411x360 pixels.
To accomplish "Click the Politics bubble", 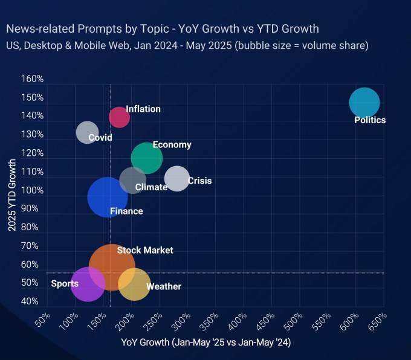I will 364,102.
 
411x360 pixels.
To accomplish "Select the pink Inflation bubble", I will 119,117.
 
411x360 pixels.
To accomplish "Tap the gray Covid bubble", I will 88,132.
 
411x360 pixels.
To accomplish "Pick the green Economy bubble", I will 147,158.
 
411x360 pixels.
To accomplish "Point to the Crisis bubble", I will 176,178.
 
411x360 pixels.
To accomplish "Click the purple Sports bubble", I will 88,284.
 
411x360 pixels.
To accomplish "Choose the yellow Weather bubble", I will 134,284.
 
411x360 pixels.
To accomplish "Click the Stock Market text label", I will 145,250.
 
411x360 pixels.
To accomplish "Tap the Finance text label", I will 126,211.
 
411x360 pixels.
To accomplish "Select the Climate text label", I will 151,187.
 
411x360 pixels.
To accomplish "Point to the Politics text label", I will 370,120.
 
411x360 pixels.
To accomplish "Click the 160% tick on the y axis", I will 32,79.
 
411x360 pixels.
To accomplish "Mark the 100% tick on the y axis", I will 32,190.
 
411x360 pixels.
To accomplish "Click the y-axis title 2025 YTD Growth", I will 11,195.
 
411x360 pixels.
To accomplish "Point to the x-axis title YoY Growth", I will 207,342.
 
